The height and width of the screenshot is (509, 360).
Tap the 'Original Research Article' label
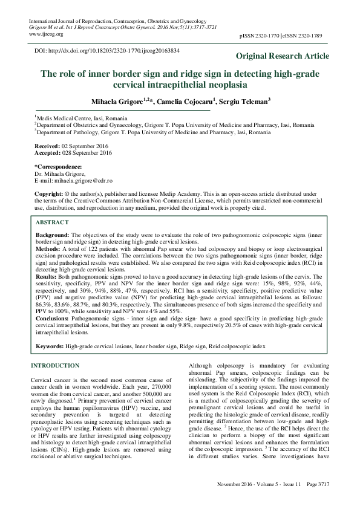pyautogui.click(x=283, y=56)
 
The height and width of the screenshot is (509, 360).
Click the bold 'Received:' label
pyautogui.click(x=47, y=146)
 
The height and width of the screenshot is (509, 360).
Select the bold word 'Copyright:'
pyautogui.click(x=48, y=194)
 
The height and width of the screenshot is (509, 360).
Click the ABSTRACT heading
pyautogui.click(x=52, y=222)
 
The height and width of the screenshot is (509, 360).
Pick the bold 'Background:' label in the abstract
pyautogui.click(x=52, y=233)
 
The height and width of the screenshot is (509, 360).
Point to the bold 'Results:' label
pyautogui.click(x=47, y=274)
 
